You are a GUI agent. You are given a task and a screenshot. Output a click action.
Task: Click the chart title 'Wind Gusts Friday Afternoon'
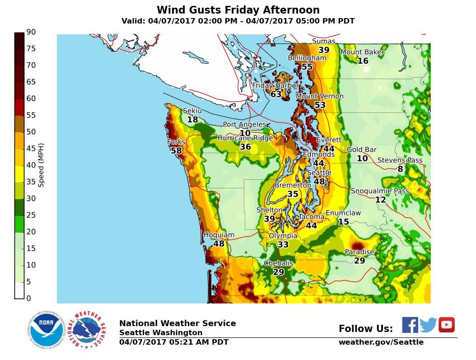[x=238, y=10]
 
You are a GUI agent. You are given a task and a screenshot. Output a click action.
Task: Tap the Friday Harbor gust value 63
[x=276, y=94]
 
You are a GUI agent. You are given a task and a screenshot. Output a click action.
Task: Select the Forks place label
[x=176, y=142]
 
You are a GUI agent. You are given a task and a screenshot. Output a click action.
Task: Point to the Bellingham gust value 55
[x=307, y=67]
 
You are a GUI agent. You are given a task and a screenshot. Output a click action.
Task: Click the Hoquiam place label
[x=219, y=235]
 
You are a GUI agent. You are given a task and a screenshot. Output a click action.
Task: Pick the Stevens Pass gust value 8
[x=400, y=169]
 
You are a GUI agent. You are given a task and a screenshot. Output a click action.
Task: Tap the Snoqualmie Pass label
[x=380, y=191]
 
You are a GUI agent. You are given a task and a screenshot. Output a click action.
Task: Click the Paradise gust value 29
[x=359, y=261]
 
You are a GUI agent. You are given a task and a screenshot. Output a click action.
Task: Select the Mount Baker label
[x=362, y=52]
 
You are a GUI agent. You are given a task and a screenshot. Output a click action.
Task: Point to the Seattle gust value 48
[x=319, y=182]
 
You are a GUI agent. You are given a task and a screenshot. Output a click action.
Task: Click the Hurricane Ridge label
[x=245, y=138]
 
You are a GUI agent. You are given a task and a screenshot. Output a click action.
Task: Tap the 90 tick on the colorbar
[x=31, y=32]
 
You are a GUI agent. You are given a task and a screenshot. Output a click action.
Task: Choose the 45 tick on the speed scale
[x=31, y=149]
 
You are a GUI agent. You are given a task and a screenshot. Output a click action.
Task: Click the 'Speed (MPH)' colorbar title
[x=41, y=165]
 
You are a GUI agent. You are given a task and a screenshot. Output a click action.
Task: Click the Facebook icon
[x=410, y=325]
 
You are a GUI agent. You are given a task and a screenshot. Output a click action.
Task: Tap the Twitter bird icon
[x=428, y=325]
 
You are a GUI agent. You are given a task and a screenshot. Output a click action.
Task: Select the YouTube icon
[x=446, y=325]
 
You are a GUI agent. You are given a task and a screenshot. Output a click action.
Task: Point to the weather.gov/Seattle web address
[x=381, y=342]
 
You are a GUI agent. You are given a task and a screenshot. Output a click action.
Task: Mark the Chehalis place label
[x=279, y=263]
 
